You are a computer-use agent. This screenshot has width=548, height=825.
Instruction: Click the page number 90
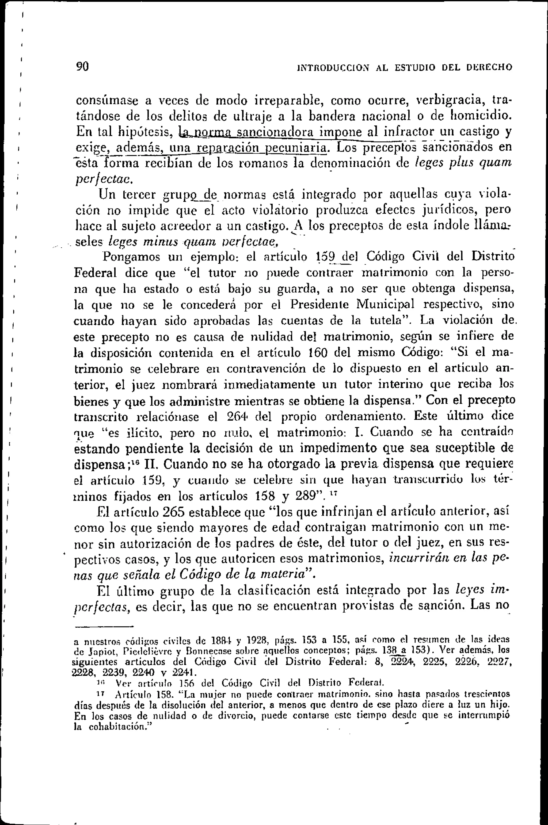tap(83, 66)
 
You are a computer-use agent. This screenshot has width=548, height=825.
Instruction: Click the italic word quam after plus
tap(496, 163)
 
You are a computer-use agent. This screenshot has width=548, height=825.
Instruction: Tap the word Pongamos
tap(131, 258)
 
